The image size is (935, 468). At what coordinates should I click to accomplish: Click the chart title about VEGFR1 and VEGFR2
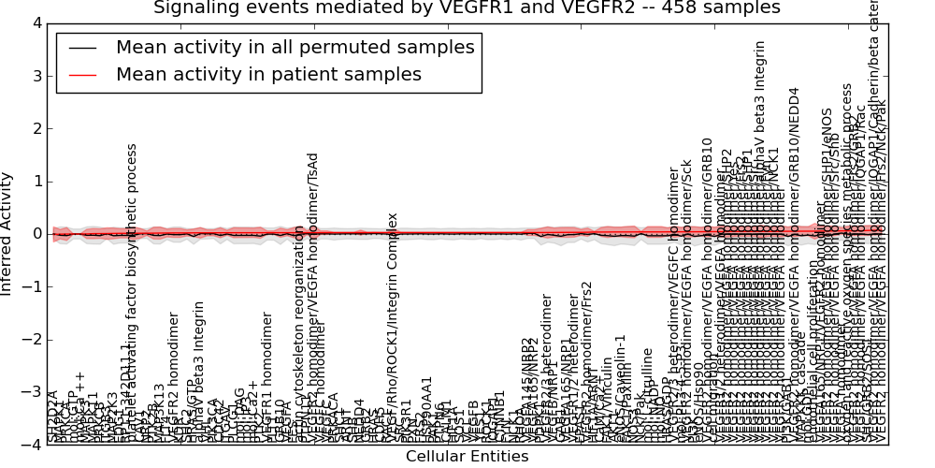click(x=467, y=8)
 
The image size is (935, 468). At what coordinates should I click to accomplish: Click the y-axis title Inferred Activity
click(x=7, y=233)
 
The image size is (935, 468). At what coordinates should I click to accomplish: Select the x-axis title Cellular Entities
click(x=467, y=457)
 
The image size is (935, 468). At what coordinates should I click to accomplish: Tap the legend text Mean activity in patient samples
click(x=268, y=74)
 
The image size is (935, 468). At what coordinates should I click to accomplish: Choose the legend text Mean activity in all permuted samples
click(x=295, y=47)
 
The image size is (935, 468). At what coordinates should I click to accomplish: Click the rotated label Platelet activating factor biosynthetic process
click(x=132, y=290)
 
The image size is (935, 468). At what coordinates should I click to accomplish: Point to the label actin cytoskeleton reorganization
click(x=299, y=332)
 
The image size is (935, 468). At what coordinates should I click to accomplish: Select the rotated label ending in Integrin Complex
click(x=394, y=328)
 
